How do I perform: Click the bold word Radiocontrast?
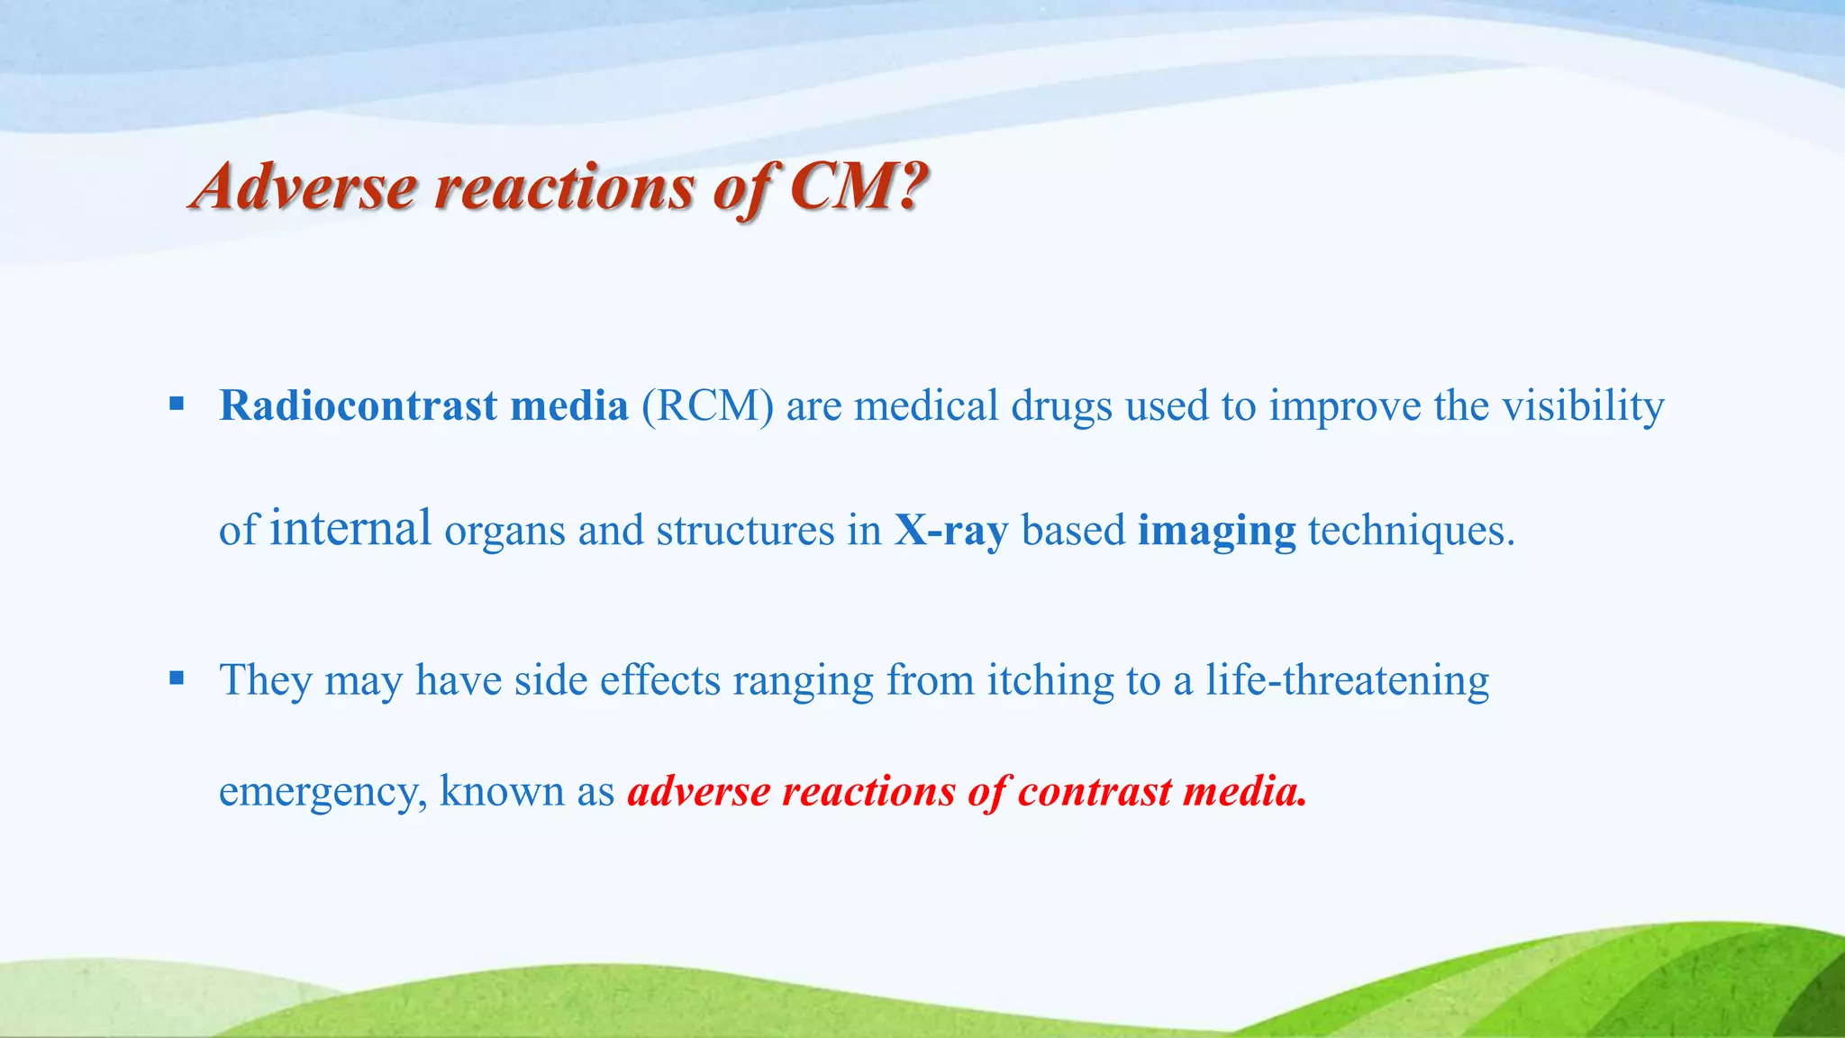(x=358, y=405)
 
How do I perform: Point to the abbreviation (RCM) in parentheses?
(x=707, y=406)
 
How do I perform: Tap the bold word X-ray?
(x=950, y=531)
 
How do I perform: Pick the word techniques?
(x=1411, y=531)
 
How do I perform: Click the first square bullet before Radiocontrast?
(x=177, y=403)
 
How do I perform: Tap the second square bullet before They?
(x=177, y=678)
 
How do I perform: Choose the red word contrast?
(x=1094, y=792)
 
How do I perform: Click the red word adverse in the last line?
(x=699, y=792)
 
